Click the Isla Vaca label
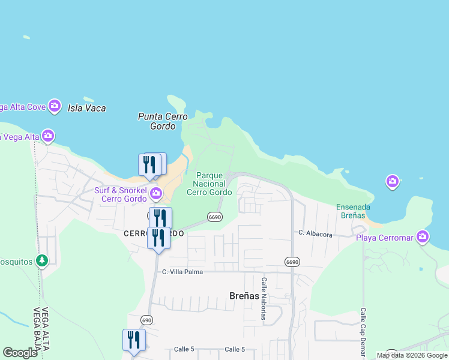pos(87,108)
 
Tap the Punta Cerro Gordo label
pos(163,121)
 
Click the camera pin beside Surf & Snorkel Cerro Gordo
pos(156,193)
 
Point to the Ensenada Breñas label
pos(353,211)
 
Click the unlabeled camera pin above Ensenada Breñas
pos(393,181)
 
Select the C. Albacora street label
pos(315,234)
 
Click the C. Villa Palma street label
pos(182,272)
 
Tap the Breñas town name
pos(244,295)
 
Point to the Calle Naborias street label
pos(264,298)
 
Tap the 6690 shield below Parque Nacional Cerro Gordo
pos(215,217)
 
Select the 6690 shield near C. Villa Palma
pos(292,262)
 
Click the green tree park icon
pos(41,260)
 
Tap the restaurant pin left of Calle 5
pos(134,340)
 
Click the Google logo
pos(20,353)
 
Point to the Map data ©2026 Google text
pos(412,355)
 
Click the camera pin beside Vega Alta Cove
pos(55,106)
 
